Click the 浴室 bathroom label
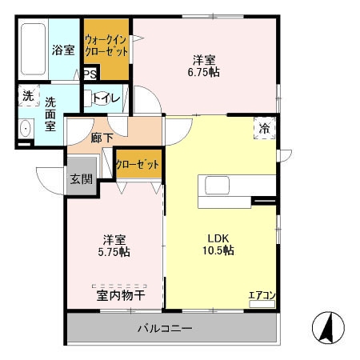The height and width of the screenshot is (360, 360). coord(64,50)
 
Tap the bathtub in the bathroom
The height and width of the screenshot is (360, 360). coord(33,50)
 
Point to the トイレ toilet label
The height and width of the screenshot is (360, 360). coord(107,98)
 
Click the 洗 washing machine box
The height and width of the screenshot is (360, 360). coord(28,95)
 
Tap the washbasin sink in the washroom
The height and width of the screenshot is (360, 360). coord(25,129)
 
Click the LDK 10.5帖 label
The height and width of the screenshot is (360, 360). coord(218,243)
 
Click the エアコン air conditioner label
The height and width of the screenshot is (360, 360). coord(262,296)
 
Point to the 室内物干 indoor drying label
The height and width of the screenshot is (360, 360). coord(121,295)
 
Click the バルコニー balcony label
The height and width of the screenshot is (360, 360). coord(164,328)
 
